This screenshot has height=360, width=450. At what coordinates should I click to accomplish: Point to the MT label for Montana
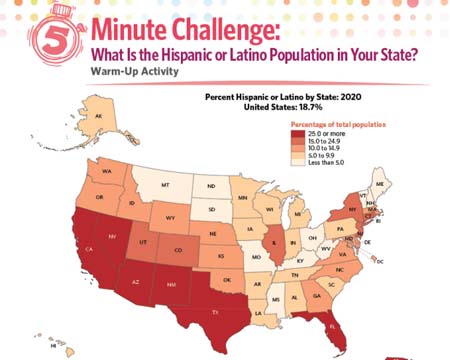click(165, 186)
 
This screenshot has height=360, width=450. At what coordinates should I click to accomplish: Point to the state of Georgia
click(318, 295)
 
